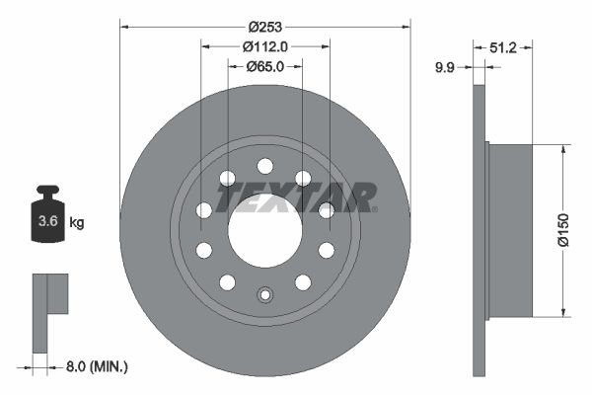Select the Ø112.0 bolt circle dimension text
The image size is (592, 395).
264,44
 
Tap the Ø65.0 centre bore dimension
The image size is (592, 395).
263,66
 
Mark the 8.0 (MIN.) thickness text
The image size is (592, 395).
95,366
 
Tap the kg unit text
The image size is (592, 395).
76,223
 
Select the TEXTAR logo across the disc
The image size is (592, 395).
296,197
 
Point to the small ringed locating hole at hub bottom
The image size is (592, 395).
264,294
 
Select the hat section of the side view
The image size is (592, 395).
510,231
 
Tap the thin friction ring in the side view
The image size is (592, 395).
481,231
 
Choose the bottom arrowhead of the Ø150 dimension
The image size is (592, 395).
563,313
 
